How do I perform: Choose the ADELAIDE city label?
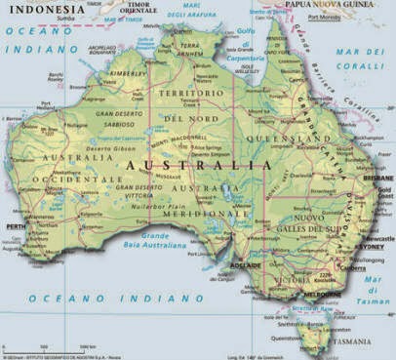click(x=244, y=264)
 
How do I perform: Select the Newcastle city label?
click(x=377, y=238)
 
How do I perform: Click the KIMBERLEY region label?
click(x=127, y=72)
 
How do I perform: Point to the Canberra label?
click(x=356, y=262)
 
